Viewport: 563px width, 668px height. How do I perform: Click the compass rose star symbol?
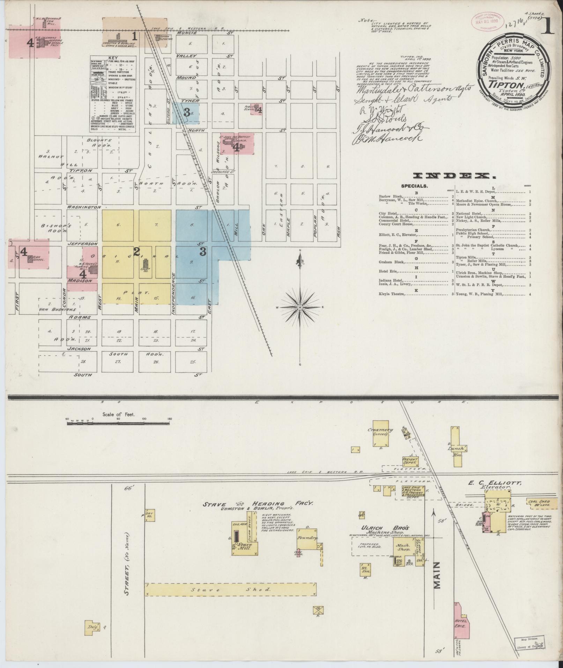tap(299, 307)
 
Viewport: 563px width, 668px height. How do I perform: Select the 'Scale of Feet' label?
tap(118, 414)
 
